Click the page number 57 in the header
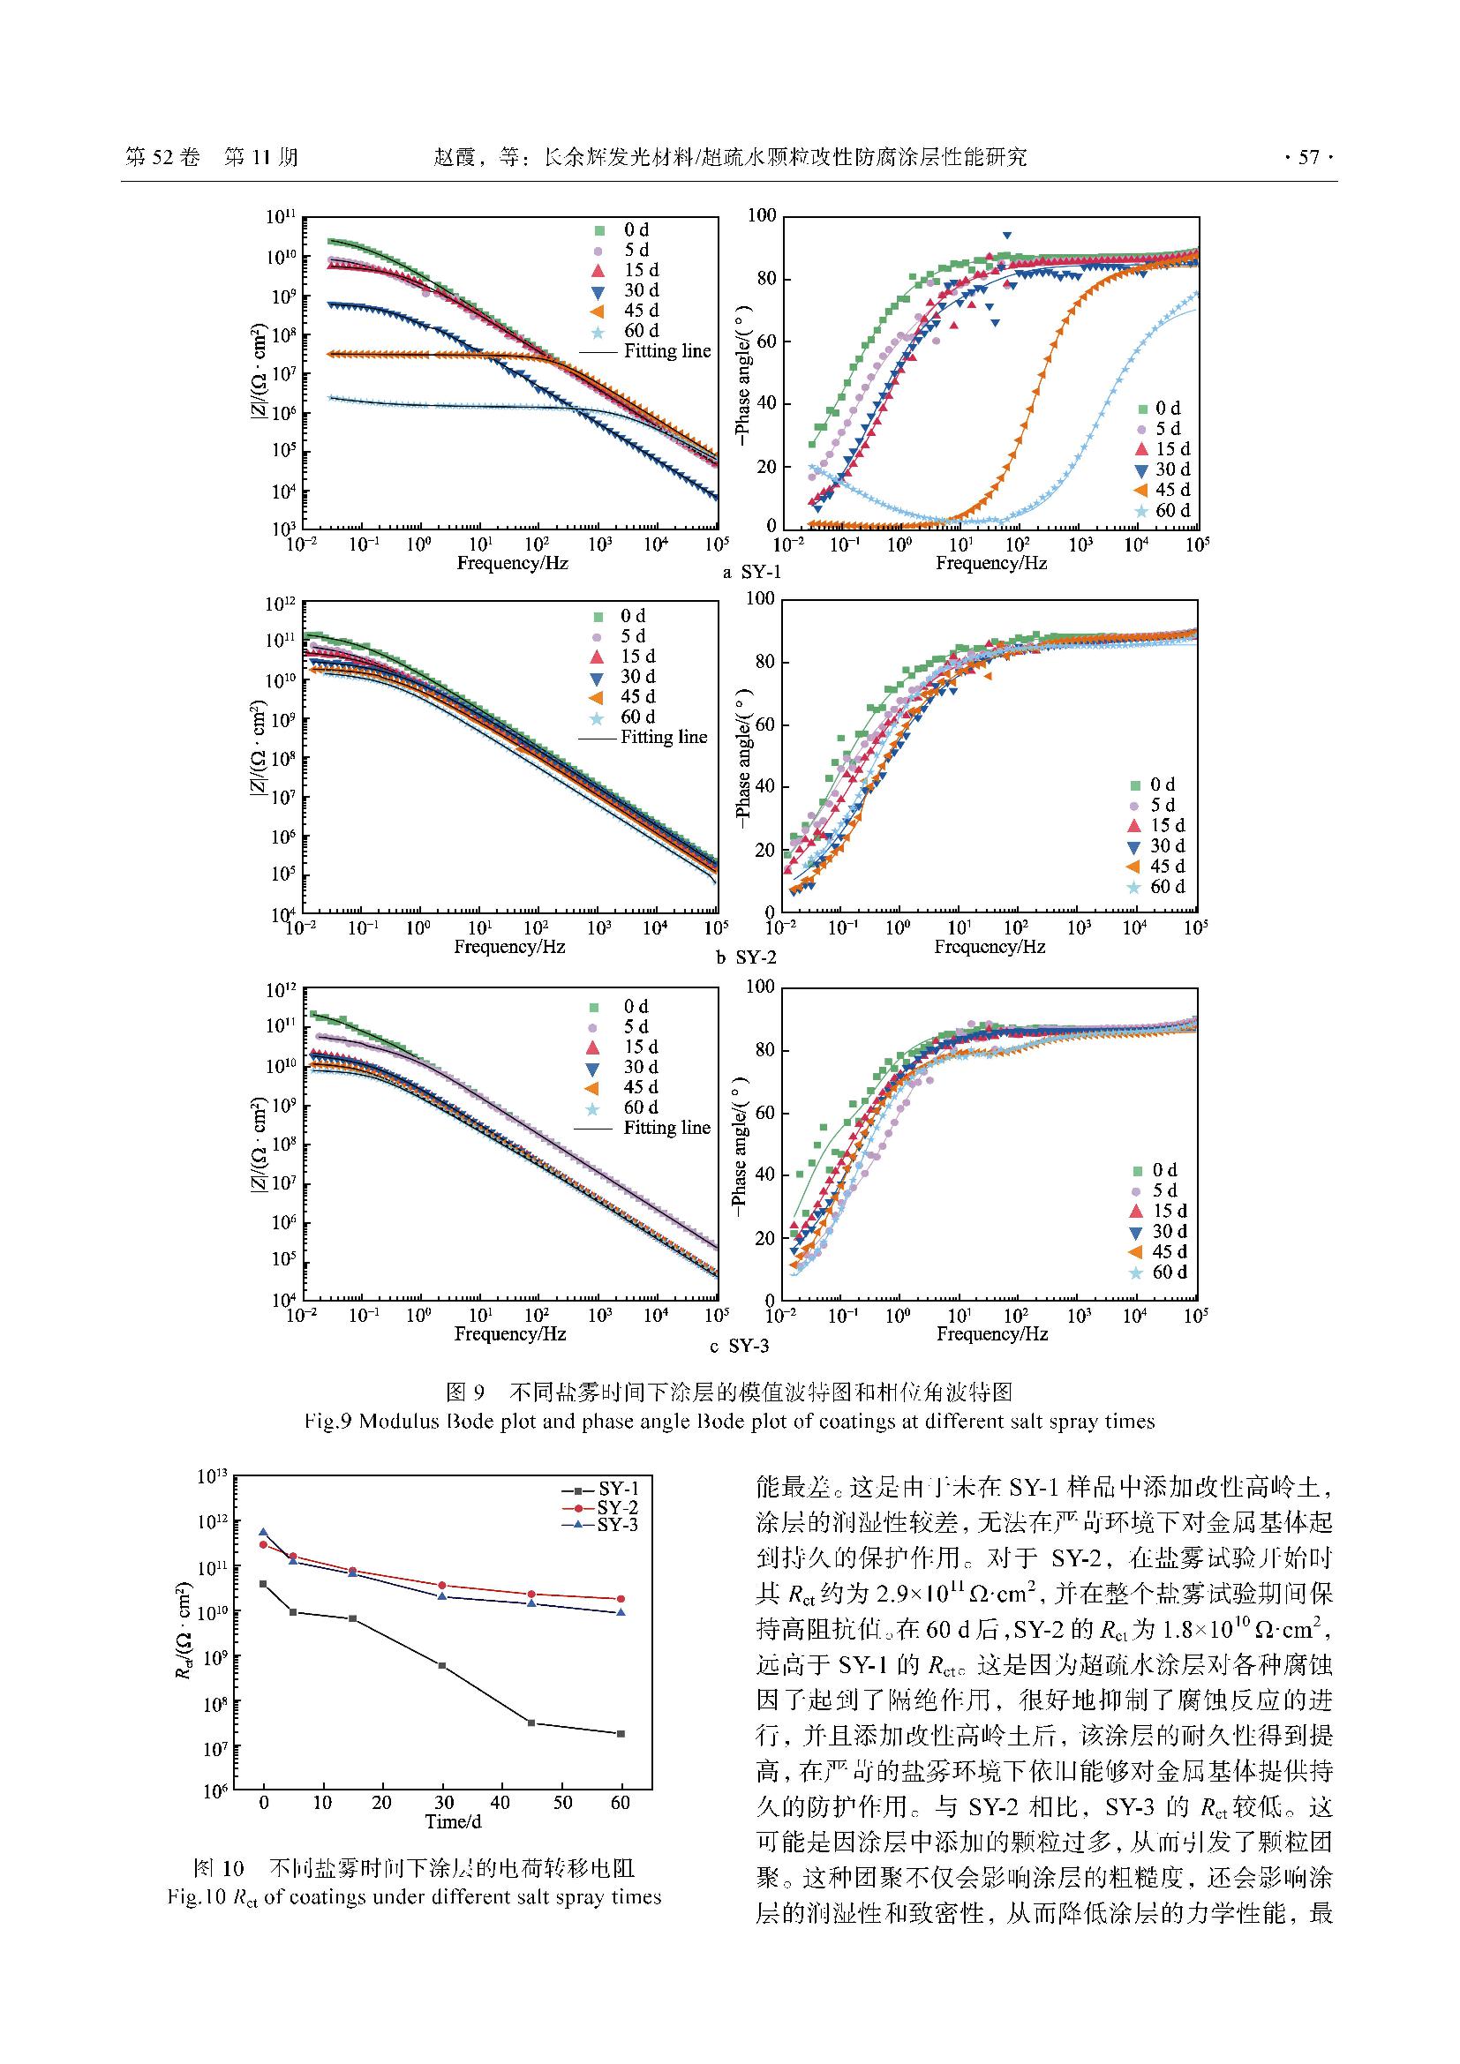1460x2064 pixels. (1308, 157)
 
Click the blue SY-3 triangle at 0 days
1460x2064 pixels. (263, 1532)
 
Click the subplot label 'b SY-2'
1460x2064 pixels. (746, 957)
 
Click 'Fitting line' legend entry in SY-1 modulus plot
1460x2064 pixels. (666, 350)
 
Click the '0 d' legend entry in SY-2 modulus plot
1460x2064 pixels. (633, 616)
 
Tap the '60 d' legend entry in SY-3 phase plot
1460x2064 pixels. (1170, 1272)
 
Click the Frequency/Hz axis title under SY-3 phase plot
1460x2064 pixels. (991, 1333)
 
